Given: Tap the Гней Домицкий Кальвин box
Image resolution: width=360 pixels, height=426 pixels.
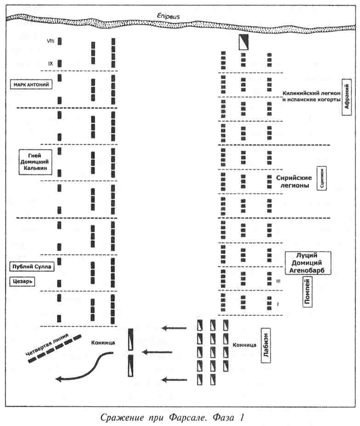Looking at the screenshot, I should tap(35, 162).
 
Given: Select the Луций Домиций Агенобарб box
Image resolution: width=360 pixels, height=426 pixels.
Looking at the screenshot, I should tap(308, 263).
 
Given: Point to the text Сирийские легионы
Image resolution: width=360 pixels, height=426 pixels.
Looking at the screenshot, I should tap(294, 182).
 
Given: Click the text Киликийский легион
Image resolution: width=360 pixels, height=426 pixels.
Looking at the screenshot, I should tap(310, 93).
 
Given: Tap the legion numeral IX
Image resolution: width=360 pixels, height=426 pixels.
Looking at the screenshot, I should tap(51, 63).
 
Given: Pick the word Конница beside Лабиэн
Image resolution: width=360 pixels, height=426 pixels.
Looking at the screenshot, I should tap(244, 345).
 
